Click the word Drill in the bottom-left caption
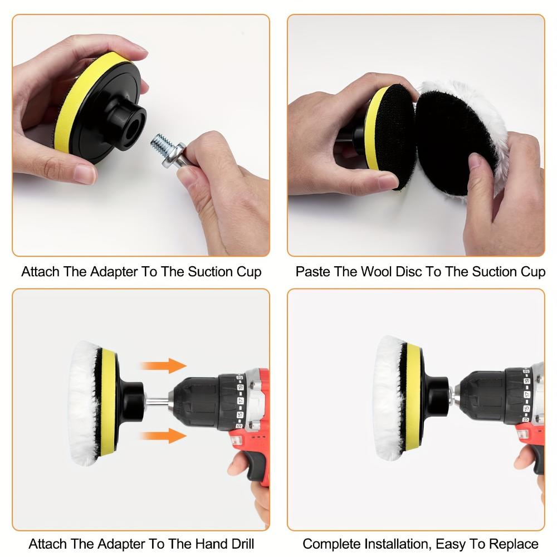coord(239,543)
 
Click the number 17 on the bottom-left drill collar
coord(241,400)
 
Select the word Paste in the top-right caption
coord(314,272)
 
